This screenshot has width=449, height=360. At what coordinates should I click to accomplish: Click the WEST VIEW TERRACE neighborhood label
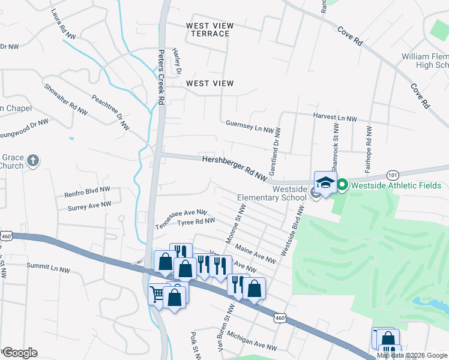(209, 29)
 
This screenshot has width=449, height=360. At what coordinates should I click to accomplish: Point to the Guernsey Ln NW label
(250, 126)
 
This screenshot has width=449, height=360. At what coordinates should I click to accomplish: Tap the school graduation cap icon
(324, 183)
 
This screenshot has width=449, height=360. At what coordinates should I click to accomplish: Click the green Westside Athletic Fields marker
(342, 185)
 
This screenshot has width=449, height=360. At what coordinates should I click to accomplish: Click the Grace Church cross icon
(33, 161)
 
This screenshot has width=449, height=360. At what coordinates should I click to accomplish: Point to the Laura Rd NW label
(64, 25)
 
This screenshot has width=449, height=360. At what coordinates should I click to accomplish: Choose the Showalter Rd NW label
(66, 99)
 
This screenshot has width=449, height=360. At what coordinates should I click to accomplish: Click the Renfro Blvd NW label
(88, 191)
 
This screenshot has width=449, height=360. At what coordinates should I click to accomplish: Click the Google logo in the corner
(19, 353)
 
